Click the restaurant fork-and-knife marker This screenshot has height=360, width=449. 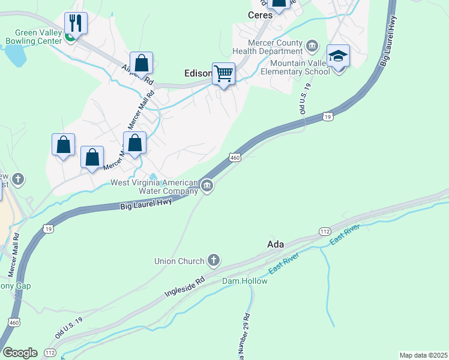click(x=76, y=23)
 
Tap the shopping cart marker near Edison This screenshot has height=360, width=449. click(x=224, y=74)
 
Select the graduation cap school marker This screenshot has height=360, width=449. click(x=339, y=56)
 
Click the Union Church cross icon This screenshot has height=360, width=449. click(x=213, y=260)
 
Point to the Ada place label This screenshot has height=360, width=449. click(x=275, y=244)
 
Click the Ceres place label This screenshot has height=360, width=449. click(x=261, y=15)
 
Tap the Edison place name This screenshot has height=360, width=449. click(x=197, y=74)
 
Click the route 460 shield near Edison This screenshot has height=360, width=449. click(x=235, y=157)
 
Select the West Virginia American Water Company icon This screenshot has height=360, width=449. click(x=207, y=185)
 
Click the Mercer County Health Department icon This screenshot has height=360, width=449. click(x=312, y=46)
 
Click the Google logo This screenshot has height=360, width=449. click(x=20, y=352)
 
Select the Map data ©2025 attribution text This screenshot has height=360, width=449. click(x=423, y=355)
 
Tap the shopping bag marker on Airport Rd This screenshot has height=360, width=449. click(x=141, y=63)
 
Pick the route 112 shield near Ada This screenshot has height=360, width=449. click(x=325, y=232)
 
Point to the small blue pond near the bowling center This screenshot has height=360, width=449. click(x=15, y=56)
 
